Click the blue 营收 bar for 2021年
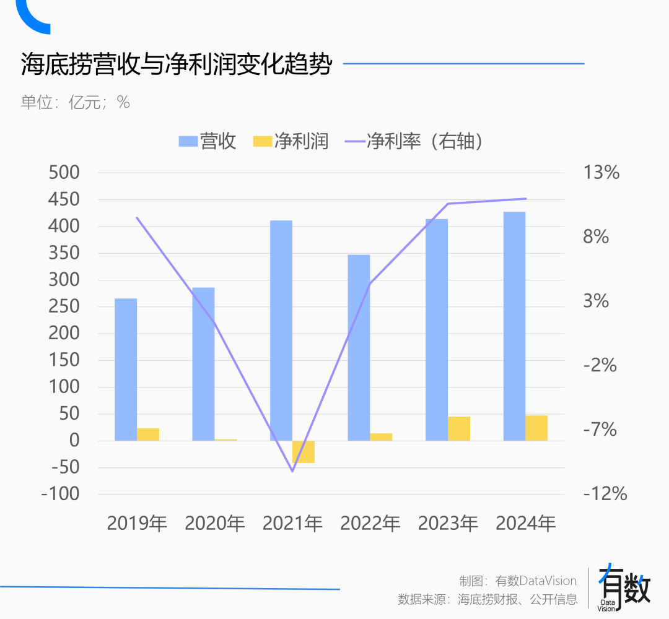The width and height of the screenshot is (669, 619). pos(281,331)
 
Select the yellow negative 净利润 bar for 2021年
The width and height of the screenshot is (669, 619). pos(304,452)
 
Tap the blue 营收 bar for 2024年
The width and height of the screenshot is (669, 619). pos(514,326)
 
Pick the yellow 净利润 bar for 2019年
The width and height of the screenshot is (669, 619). pos(148,435)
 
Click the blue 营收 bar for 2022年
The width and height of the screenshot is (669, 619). pos(359,347)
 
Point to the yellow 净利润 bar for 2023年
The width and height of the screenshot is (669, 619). pos(459,428)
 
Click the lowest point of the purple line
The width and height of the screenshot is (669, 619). pos(292,471)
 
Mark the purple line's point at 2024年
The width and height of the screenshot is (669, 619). pos(525,199)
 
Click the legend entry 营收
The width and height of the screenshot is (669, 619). pos(208,141)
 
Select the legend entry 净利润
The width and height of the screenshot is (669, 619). pos(291,141)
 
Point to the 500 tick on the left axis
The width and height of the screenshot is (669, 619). pos(64,173)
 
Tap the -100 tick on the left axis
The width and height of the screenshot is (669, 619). pos(60,495)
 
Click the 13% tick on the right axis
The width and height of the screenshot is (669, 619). pos(601,173)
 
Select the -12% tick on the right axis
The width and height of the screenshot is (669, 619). pos(605,494)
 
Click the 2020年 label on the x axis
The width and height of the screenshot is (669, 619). pos(215,524)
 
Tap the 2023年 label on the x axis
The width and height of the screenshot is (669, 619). pos(448,524)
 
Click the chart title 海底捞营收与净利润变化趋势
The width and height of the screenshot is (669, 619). pos(176,64)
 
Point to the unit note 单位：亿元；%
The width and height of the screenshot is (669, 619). pos(76,102)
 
